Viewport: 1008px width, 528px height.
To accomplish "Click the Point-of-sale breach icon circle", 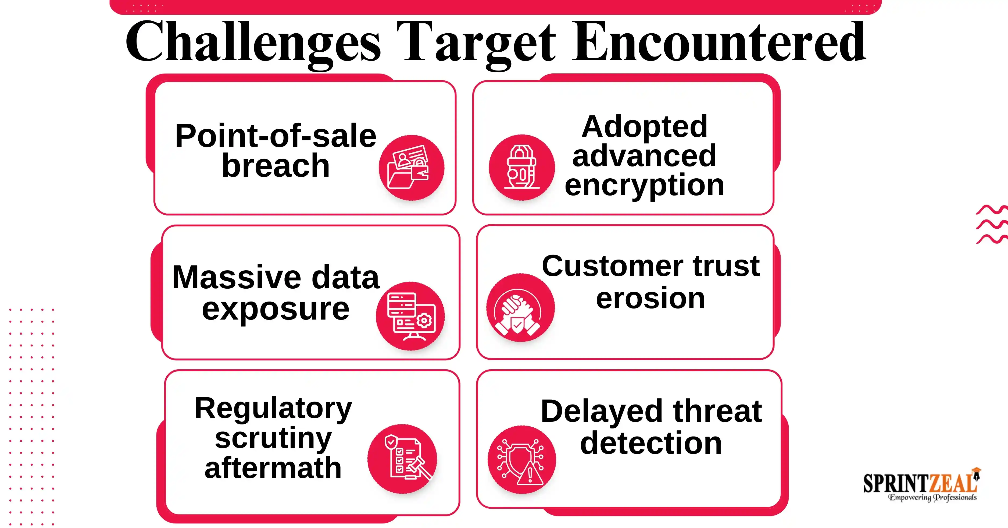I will [x=411, y=168].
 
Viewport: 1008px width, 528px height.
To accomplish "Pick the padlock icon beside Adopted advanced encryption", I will [x=522, y=168].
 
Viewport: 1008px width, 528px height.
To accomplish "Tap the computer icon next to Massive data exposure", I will [x=410, y=316].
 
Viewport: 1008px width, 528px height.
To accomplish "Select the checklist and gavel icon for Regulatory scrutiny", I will [x=402, y=458].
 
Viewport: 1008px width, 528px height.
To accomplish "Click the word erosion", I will [x=650, y=299].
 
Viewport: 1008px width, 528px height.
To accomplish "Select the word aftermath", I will [x=273, y=468].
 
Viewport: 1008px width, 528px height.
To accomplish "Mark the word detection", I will [x=651, y=443].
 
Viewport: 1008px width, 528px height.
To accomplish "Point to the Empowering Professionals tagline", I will [x=932, y=497].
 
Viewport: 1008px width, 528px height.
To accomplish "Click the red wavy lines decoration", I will [x=992, y=224].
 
